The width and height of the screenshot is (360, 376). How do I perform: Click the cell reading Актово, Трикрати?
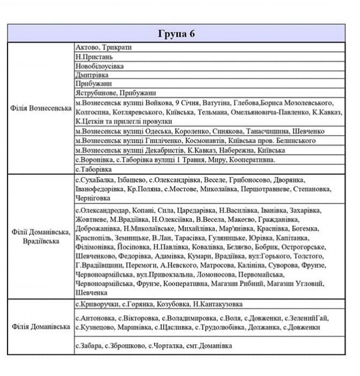point(104,47)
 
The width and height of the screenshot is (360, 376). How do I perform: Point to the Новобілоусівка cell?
point(100,66)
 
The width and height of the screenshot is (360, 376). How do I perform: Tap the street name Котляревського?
point(138,112)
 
